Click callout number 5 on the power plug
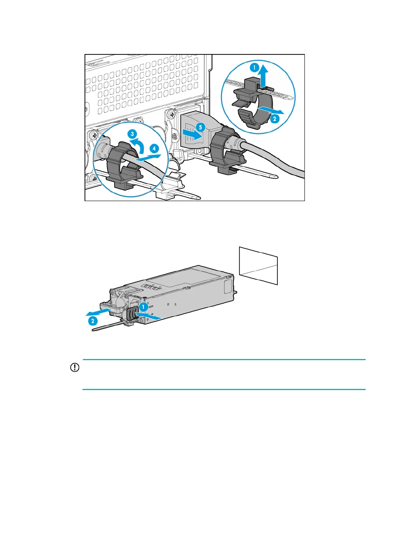[200, 128]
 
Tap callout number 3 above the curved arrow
[132, 134]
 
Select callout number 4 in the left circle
[154, 148]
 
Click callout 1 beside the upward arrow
[254, 68]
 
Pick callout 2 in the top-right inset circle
[274, 119]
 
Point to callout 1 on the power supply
[144, 307]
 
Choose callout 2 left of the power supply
[92, 321]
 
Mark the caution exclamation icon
[74, 368]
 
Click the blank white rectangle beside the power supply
[258, 266]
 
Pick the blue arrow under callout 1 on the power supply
[149, 316]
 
